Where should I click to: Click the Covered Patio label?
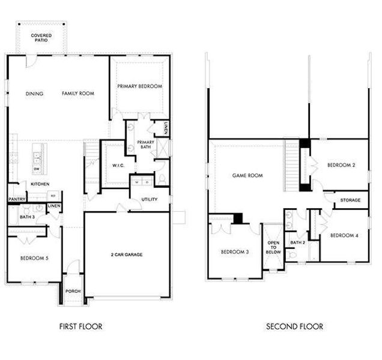pyautogui.click(x=41, y=38)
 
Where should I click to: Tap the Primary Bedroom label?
pyautogui.click(x=139, y=86)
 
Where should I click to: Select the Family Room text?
pyautogui.click(x=78, y=94)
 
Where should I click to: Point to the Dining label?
pyautogui.click(x=35, y=94)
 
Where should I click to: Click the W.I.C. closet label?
pyautogui.click(x=118, y=166)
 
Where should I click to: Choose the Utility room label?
pyautogui.click(x=150, y=199)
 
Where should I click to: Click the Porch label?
pyautogui.click(x=73, y=291)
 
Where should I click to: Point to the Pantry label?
pyautogui.click(x=16, y=198)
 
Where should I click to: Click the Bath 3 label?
pyautogui.click(x=26, y=217)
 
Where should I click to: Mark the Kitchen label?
pyautogui.click(x=40, y=184)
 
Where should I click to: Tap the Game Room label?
pyautogui.click(x=247, y=176)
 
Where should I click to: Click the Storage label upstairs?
pyautogui.click(x=350, y=200)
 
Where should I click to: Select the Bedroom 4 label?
pyautogui.click(x=344, y=235)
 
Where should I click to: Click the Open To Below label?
pyautogui.click(x=273, y=247)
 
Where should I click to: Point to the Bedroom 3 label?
pyautogui.click(x=235, y=251)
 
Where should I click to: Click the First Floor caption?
pyautogui.click(x=80, y=326)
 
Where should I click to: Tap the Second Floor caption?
pyautogui.click(x=294, y=326)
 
